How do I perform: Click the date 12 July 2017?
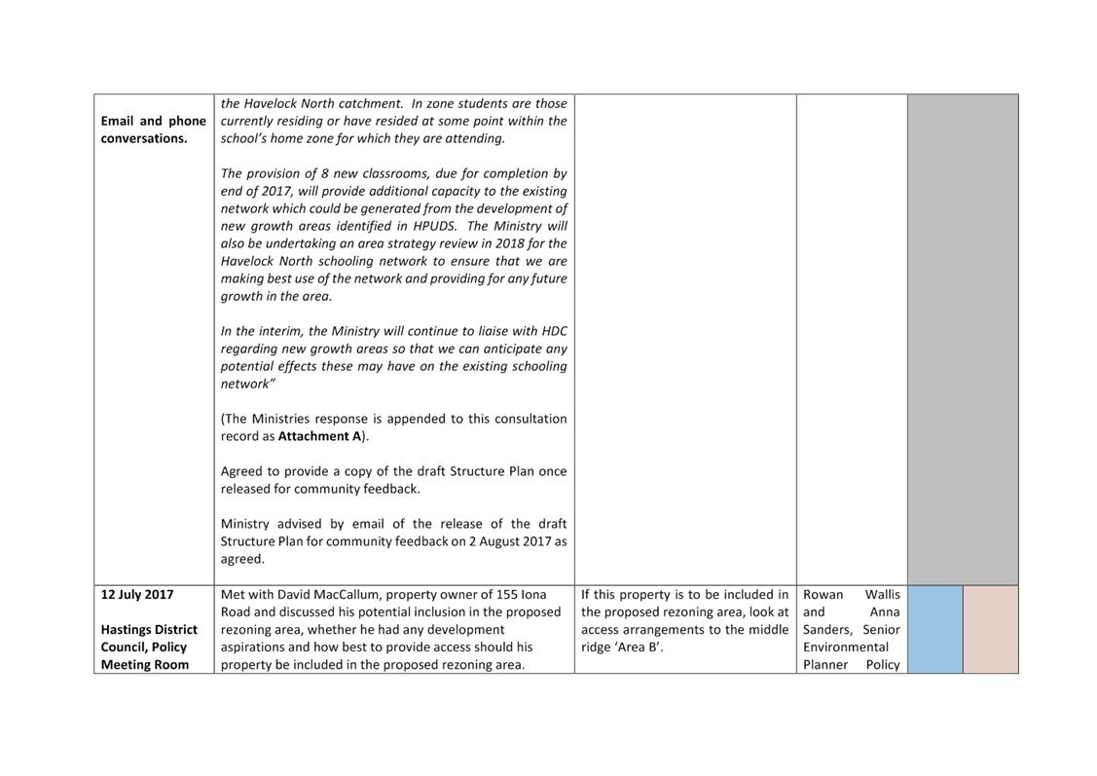click(x=137, y=594)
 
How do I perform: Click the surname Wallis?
click(x=882, y=594)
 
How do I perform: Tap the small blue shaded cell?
click(x=934, y=629)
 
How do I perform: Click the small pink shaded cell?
click(x=990, y=629)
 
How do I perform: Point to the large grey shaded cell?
click(x=962, y=339)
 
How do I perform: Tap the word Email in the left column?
click(x=119, y=121)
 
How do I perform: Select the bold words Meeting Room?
click(x=144, y=664)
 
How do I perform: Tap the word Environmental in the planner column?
click(x=845, y=647)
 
